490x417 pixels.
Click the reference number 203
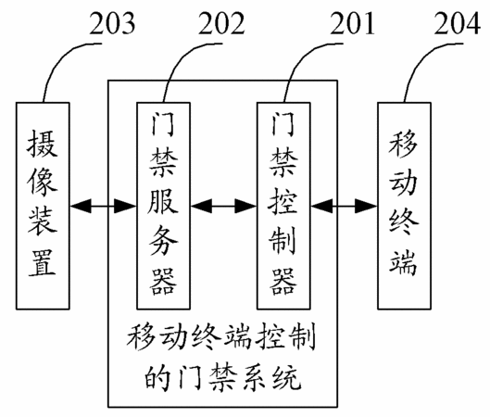pyautogui.click(x=112, y=23)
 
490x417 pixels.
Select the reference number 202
pyautogui.click(x=221, y=23)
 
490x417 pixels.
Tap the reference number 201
pyautogui.click(x=353, y=23)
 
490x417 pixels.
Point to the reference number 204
pyautogui.click(x=458, y=23)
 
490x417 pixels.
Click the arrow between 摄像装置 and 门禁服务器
pyautogui.click(x=103, y=206)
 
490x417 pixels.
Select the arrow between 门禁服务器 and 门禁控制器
pyautogui.click(x=224, y=206)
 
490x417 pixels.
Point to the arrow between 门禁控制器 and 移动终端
pyautogui.click(x=344, y=206)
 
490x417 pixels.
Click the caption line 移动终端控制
pyautogui.click(x=221, y=338)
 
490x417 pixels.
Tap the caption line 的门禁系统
pyautogui.click(x=222, y=377)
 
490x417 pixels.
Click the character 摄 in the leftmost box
pyautogui.click(x=43, y=144)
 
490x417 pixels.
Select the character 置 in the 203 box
pyautogui.click(x=43, y=262)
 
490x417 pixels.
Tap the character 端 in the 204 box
pyautogui.click(x=404, y=262)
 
